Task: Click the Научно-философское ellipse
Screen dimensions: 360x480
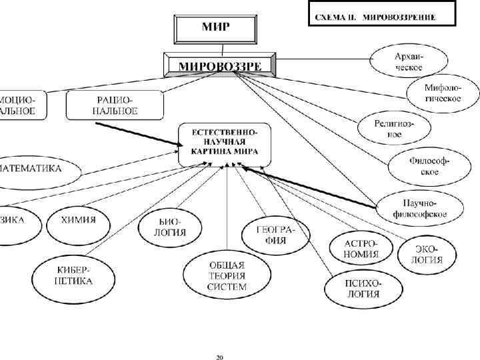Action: coord(410,207)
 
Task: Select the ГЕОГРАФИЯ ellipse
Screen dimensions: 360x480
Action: coord(275,234)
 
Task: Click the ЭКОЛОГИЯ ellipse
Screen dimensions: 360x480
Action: coord(427,253)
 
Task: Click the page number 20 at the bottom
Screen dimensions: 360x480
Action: coord(219,357)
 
